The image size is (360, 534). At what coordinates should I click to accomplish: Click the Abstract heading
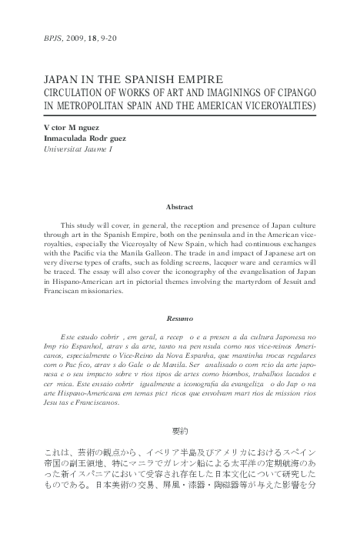click(x=179, y=207)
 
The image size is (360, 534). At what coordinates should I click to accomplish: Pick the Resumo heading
click(x=179, y=318)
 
